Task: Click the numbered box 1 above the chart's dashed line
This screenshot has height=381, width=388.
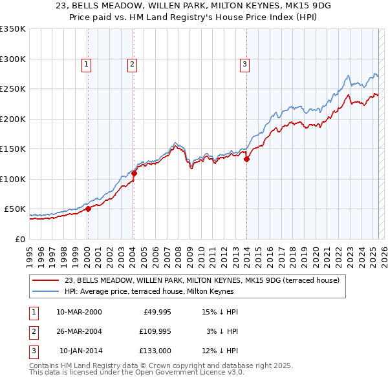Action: pyautogui.click(x=86, y=64)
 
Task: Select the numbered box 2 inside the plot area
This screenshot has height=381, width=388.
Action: pyautogui.click(x=132, y=64)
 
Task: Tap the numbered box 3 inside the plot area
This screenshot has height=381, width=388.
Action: pyautogui.click(x=245, y=64)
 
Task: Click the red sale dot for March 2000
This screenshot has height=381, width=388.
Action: pyautogui.click(x=89, y=209)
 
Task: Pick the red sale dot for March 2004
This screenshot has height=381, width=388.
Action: pyautogui.click(x=135, y=173)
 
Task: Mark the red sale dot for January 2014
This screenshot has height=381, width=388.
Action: pyautogui.click(x=246, y=160)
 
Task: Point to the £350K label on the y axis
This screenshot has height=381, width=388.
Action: pyautogui.click(x=12, y=29)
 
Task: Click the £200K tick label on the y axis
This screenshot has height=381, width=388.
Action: pyautogui.click(x=12, y=119)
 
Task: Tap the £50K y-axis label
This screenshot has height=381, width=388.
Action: pyautogui.click(x=14, y=209)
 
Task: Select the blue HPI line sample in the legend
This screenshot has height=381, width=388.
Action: pyautogui.click(x=45, y=291)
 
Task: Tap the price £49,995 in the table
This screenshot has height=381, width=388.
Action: pyautogui.click(x=156, y=312)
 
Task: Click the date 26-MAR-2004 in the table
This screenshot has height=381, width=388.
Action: pyautogui.click(x=79, y=331)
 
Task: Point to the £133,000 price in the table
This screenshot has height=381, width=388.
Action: pyautogui.click(x=155, y=351)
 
